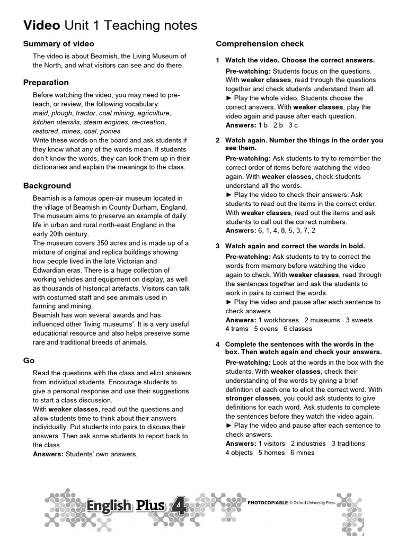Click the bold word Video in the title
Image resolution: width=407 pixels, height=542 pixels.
(42, 25)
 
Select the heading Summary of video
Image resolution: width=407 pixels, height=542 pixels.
(59, 43)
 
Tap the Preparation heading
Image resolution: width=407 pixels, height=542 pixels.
(46, 82)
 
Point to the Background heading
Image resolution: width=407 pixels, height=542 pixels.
(47, 186)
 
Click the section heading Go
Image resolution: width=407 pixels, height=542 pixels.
(29, 360)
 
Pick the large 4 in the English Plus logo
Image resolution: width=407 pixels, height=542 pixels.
(179, 505)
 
